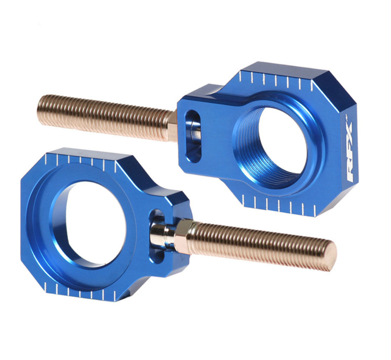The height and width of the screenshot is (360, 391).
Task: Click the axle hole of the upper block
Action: tap(282, 141)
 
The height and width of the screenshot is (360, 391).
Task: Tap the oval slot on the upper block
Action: tap(193, 136)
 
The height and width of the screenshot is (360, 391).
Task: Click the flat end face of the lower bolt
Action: tap(330, 256)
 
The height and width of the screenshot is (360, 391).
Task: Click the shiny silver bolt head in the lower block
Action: tap(162, 235)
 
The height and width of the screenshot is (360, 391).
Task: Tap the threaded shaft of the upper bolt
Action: tap(106, 117)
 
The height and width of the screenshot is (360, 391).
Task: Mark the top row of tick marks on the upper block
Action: tap(275, 81)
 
